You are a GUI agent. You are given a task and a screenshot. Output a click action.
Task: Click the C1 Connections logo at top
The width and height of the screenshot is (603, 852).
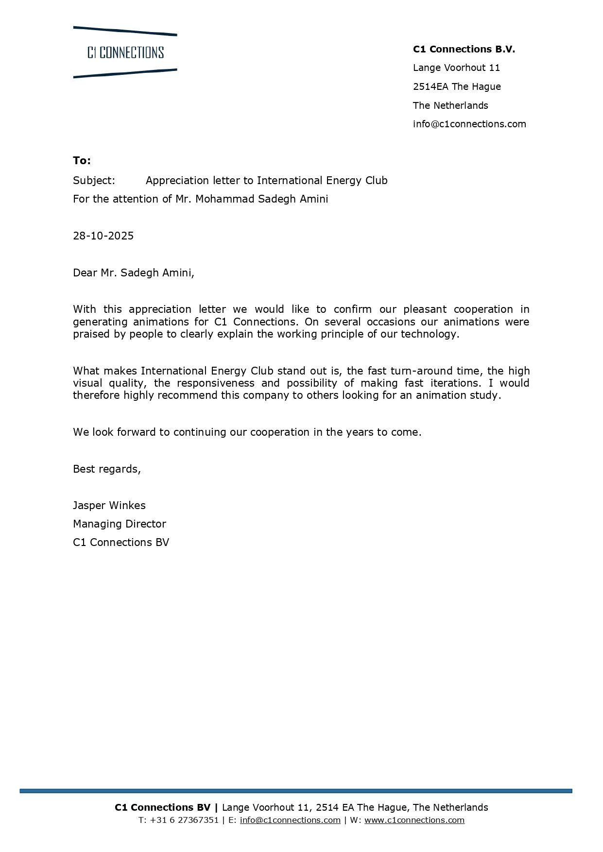125,52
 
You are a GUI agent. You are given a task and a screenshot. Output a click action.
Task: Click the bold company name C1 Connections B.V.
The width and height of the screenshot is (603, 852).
464,49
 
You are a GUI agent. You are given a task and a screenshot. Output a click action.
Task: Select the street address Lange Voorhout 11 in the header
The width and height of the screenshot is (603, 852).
456,68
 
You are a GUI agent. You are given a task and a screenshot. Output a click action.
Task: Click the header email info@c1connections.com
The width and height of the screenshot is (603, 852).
469,124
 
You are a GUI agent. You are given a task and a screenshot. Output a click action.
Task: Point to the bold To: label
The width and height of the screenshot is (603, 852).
82,161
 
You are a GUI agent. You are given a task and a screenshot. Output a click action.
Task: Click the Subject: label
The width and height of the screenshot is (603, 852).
94,181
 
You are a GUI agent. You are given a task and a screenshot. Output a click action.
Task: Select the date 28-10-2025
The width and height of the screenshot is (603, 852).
103,236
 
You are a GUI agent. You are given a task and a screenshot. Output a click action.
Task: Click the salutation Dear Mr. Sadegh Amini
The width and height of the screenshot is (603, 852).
133,273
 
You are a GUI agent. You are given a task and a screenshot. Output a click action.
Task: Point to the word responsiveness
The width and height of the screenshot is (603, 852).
212,383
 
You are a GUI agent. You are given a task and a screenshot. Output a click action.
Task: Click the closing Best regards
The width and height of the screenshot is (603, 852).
106,469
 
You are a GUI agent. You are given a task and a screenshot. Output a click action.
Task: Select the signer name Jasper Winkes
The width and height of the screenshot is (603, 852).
109,505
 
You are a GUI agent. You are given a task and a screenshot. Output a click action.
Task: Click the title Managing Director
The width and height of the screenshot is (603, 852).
119,524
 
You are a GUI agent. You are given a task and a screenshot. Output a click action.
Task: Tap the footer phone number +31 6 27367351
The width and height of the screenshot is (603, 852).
184,820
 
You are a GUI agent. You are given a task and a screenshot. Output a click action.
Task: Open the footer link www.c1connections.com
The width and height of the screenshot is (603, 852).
414,820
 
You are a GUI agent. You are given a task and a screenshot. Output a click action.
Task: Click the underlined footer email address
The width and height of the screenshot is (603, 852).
290,820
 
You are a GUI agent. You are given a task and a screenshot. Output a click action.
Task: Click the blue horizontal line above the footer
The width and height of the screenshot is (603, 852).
295,791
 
